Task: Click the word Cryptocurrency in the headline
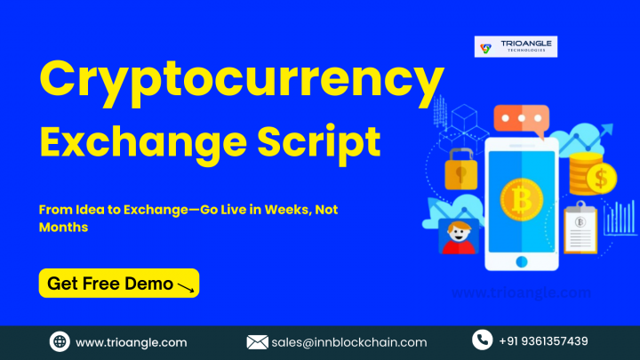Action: [x=242, y=83]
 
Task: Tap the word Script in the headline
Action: [x=319, y=144]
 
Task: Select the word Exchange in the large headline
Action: [x=143, y=144]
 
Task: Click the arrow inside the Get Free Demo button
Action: [x=186, y=287]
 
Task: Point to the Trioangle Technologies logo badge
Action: [x=516, y=46]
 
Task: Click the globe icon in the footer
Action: [x=60, y=341]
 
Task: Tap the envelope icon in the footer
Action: [x=257, y=342]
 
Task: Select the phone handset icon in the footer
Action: [x=482, y=340]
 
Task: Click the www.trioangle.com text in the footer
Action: [x=132, y=342]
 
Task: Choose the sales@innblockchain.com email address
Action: [x=349, y=342]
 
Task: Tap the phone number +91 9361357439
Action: [x=543, y=341]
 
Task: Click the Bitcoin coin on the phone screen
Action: [x=522, y=200]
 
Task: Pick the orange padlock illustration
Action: [x=461, y=169]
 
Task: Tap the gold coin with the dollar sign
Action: [x=601, y=178]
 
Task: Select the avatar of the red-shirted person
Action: [x=459, y=236]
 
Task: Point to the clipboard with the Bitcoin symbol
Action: [x=580, y=228]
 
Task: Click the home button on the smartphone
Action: [x=522, y=261]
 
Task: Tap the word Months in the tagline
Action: [x=63, y=227]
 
